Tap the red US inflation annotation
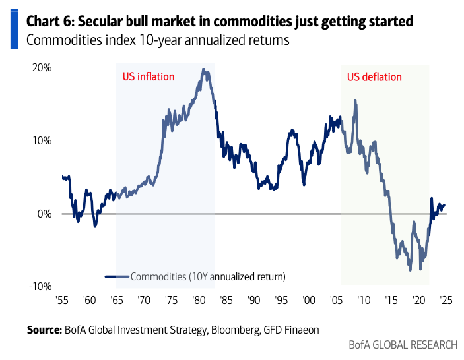click(149, 76)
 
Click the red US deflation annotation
click(374, 76)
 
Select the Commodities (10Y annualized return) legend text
click(208, 276)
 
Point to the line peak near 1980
click(204, 69)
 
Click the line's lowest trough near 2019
click(411, 270)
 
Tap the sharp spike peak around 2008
click(356, 100)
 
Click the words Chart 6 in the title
click(50, 22)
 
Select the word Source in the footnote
click(44, 328)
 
